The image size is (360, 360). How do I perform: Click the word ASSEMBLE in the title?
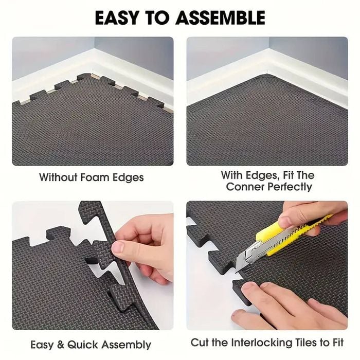(x=221, y=17)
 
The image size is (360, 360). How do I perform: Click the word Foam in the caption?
(x=94, y=177)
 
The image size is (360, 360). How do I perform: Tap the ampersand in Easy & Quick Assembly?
(x=60, y=345)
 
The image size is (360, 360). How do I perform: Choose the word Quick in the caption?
(x=83, y=345)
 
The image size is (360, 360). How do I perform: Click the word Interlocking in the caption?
(x=261, y=343)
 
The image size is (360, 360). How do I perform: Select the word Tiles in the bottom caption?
(x=307, y=343)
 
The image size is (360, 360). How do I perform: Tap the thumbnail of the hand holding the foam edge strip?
(x=118, y=247)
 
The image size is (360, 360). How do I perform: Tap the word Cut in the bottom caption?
(x=200, y=343)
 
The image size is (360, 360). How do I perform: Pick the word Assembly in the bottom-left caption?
(x=127, y=345)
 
